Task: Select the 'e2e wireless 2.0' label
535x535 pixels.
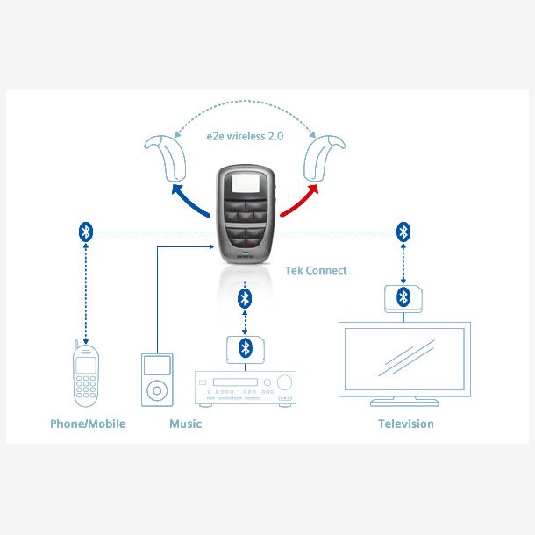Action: (x=243, y=138)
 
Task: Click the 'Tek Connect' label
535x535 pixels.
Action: (x=316, y=270)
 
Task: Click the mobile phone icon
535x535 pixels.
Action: (x=85, y=375)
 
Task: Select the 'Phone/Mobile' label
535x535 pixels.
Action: (x=88, y=424)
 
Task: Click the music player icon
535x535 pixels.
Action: (x=157, y=379)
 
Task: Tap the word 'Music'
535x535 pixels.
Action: (x=185, y=424)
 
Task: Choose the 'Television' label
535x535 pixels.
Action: (x=405, y=424)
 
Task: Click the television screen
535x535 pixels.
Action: (x=404, y=359)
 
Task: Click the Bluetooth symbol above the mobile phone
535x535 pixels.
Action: (x=85, y=232)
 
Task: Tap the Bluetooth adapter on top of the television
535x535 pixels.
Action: (x=403, y=296)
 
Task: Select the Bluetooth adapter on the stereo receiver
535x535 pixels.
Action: (x=246, y=347)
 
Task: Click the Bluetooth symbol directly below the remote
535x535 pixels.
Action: (x=246, y=297)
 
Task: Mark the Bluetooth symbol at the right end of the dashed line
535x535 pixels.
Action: (x=403, y=232)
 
